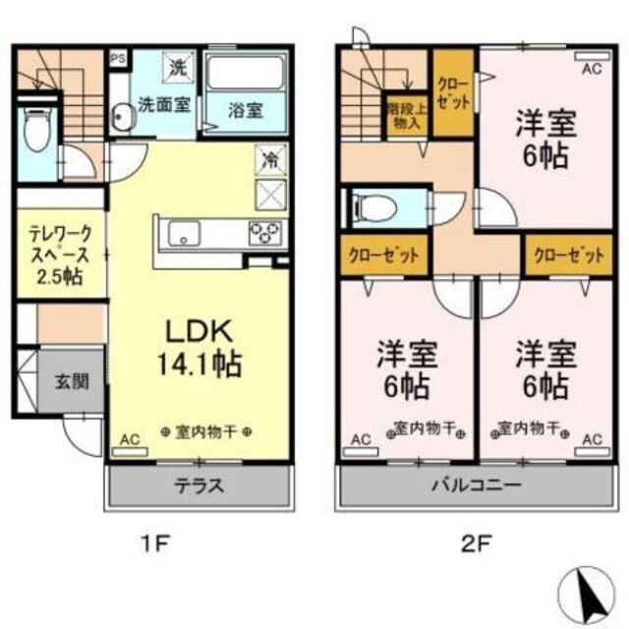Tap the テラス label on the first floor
tap(200, 485)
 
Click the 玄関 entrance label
tap(72, 379)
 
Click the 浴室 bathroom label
tap(247, 109)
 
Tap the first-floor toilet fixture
tap(36, 134)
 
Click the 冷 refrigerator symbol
tap(268, 157)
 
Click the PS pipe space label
tap(118, 57)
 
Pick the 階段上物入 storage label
tap(405, 117)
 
